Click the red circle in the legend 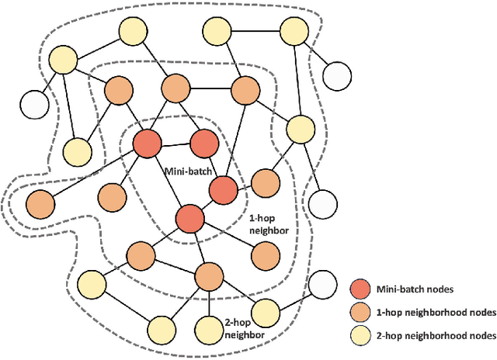tap(361, 289)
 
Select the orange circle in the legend tap(361, 312)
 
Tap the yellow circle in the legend tap(361, 335)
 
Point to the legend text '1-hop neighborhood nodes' tap(435, 312)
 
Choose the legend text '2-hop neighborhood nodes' tap(435, 335)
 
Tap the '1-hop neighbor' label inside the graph tap(269, 224)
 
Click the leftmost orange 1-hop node tap(40, 204)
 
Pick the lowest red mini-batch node tap(189, 218)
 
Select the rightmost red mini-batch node tap(223, 189)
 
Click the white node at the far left tap(34, 104)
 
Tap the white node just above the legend tap(322, 284)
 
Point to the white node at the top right tap(335, 76)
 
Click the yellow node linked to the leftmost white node tap(62, 60)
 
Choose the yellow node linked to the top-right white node tap(294, 31)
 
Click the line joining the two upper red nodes tap(175, 144)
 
